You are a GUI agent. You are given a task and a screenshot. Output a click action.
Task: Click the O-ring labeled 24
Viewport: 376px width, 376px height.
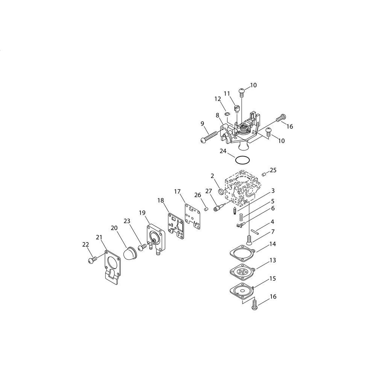(243, 157)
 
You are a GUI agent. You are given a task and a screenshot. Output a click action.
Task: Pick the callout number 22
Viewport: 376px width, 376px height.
(86, 244)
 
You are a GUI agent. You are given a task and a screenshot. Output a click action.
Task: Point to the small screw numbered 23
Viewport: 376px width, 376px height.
(142, 247)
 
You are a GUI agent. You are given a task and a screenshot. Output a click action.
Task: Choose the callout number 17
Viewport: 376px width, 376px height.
(177, 191)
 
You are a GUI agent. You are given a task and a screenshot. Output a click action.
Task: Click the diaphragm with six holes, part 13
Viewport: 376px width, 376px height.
(243, 272)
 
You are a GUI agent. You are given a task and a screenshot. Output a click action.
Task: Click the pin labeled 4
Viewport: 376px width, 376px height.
(255, 231)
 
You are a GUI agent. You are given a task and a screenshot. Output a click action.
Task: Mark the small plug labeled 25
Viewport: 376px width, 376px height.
(264, 174)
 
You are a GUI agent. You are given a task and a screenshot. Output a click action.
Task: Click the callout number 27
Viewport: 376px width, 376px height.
(209, 191)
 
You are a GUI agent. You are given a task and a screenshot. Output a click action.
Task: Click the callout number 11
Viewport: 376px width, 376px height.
(227, 93)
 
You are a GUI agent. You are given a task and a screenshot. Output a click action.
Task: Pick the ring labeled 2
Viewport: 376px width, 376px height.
(221, 192)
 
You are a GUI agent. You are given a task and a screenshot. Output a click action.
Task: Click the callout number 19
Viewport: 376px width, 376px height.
(142, 212)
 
